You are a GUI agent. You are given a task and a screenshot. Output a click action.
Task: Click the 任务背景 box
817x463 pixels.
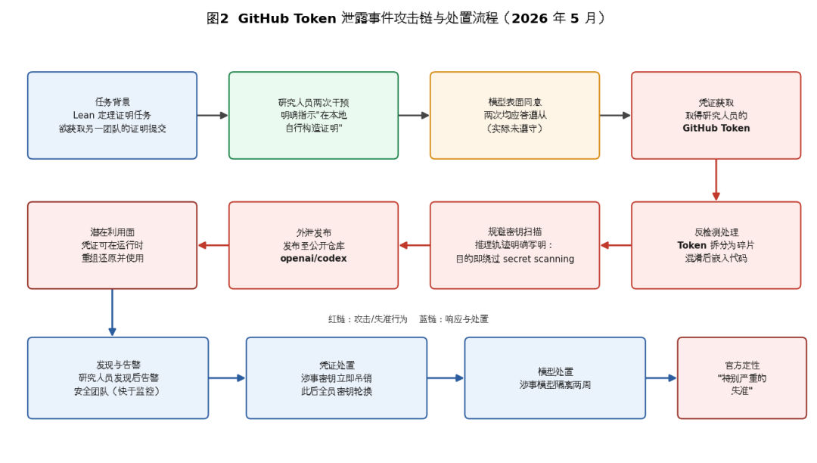112,115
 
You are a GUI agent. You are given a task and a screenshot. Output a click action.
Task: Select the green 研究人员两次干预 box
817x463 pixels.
313,115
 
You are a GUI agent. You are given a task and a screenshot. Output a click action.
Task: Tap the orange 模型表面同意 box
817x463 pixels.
515,115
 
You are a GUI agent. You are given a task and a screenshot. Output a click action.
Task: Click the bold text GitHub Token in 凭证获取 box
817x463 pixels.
716,128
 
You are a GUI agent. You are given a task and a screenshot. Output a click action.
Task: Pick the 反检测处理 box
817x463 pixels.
716,245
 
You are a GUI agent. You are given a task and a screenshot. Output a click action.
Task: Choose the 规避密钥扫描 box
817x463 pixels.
515,245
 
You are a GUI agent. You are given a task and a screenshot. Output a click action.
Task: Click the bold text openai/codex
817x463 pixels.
313,258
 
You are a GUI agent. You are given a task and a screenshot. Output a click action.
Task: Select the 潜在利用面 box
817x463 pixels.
112,245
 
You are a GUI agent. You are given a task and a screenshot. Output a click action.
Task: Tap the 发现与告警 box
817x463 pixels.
118,378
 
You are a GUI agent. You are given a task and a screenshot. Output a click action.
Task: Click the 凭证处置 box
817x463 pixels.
337,378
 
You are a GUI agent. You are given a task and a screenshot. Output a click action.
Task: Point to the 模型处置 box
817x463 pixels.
555,378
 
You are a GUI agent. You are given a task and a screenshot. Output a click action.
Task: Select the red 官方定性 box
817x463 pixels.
742,378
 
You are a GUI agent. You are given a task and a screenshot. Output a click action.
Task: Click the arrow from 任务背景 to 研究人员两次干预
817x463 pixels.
213,115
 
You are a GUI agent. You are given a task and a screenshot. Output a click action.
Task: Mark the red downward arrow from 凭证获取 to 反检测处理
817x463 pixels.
716,180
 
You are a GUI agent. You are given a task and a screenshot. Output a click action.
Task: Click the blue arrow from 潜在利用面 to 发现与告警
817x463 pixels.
112,312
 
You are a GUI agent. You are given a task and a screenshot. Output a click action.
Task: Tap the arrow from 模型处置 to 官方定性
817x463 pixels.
661,378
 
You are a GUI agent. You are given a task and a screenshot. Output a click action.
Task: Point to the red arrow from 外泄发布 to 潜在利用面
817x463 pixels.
213,245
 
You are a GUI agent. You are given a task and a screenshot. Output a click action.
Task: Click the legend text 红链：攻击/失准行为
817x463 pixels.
368,319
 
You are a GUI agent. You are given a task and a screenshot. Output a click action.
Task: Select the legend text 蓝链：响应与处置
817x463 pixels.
454,319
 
